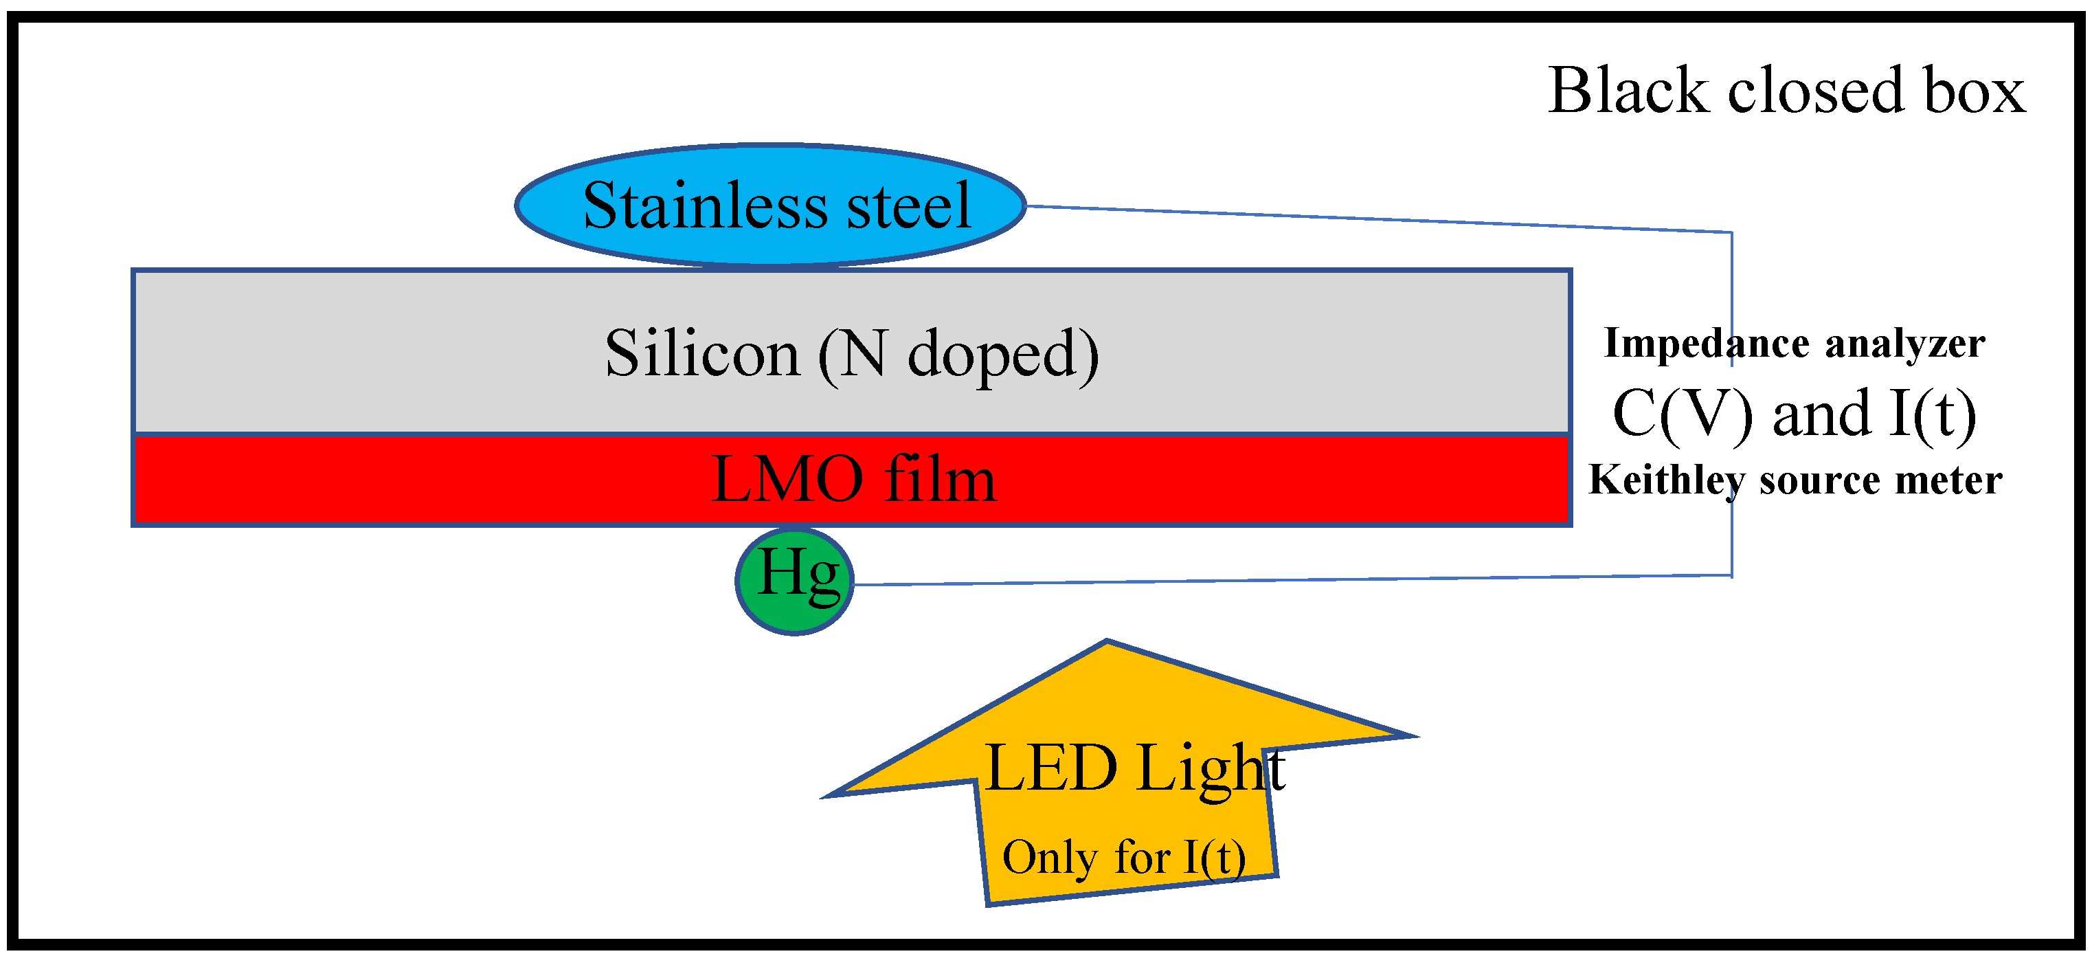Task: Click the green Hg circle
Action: tap(794, 581)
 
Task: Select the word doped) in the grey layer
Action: tap(1002, 355)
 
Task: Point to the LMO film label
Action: tap(853, 479)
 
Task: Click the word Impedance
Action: tap(1705, 344)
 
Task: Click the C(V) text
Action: tap(1681, 414)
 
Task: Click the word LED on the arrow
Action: tap(1051, 768)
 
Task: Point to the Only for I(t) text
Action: tap(1124, 858)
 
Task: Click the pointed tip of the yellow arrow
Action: tap(1107, 643)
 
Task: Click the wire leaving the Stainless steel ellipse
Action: tap(1381, 219)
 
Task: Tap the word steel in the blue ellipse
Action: tap(909, 205)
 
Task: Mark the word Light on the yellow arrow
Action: tap(1210, 769)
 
